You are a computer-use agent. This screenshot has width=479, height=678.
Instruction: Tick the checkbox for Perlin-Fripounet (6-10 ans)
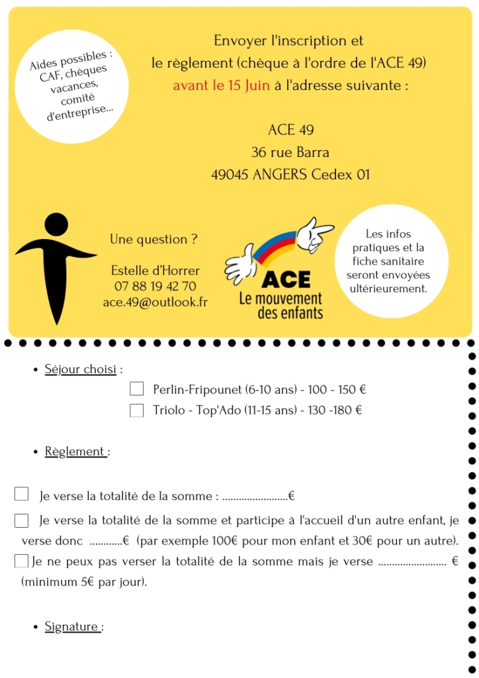pos(137,389)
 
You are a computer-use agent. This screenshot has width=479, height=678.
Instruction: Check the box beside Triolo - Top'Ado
pos(137,411)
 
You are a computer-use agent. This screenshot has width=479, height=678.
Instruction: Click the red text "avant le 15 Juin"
pos(221,85)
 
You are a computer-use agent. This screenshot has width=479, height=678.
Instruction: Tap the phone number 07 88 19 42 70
pos(155,286)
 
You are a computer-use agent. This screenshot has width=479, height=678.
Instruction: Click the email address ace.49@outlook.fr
pos(155,301)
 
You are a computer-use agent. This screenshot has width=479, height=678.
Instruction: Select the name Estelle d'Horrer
pos(155,271)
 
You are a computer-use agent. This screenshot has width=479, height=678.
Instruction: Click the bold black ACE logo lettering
pos(286,279)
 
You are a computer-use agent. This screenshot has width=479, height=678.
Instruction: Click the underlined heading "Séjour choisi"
pos(80,369)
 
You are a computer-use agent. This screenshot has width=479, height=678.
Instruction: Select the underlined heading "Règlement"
pos(75,452)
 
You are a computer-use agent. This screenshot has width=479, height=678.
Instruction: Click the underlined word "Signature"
pos(72,626)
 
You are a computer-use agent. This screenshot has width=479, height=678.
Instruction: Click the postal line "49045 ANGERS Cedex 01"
pos(290,175)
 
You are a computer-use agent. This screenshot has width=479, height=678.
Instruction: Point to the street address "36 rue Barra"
pos(290,152)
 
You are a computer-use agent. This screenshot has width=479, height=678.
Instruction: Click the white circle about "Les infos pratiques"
pos(388,262)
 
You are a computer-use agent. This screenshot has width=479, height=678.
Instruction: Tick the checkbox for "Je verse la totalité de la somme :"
pos(21,494)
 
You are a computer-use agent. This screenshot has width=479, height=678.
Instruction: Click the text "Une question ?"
pos(153,240)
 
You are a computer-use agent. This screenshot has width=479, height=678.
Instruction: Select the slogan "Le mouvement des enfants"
pos(281,305)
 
